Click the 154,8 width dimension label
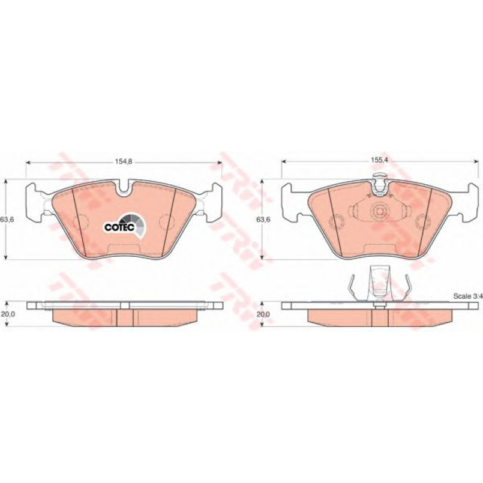(x=123, y=162)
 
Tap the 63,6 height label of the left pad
(x=7, y=220)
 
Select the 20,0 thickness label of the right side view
(x=263, y=314)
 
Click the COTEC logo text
(x=119, y=227)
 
